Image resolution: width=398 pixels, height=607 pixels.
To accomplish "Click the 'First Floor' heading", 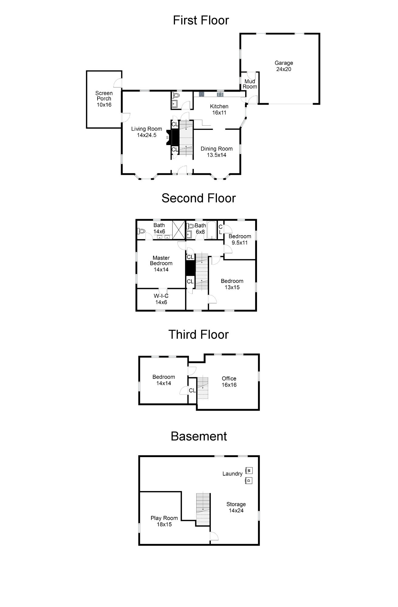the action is (201, 20).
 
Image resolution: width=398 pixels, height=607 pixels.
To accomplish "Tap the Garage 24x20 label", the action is (284, 66).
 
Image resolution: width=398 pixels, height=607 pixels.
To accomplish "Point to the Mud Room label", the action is (250, 84).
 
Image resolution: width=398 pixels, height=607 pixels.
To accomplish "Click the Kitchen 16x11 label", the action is (219, 109).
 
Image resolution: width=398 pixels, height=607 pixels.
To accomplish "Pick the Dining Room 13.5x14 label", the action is (217, 152).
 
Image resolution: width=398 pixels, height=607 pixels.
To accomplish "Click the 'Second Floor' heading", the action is (199, 198).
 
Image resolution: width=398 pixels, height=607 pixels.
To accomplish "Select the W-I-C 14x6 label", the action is (161, 299).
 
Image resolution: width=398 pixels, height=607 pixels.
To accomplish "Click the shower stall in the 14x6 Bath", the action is (179, 230).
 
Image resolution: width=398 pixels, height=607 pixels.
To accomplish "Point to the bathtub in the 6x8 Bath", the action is (212, 230).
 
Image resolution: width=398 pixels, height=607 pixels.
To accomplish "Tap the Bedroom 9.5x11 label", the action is (240, 239).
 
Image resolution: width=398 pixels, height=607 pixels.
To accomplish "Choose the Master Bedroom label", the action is (161, 263).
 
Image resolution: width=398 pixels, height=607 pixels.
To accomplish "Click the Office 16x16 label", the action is (229, 381).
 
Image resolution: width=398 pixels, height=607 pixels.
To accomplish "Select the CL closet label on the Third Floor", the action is (192, 391).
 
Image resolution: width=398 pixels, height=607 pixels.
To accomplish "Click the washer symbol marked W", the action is (249, 471).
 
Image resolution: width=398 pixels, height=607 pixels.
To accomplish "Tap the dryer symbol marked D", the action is (249, 481).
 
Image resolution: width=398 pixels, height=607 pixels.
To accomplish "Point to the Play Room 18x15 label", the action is (164, 521).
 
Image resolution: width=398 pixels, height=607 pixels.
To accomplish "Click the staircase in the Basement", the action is (203, 509).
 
